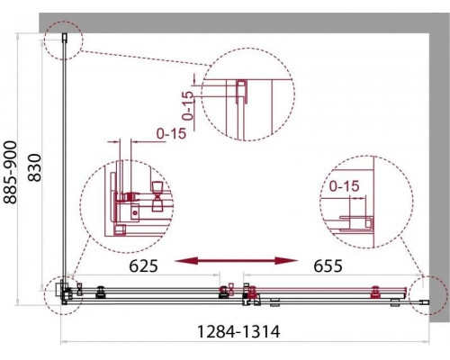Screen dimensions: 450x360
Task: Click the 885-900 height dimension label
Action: point(10,173)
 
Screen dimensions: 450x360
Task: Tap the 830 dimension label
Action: point(34,167)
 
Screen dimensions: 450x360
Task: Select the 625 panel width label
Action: point(143,265)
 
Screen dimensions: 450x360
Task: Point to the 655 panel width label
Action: point(328,265)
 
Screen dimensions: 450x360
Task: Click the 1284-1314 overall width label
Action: point(238,332)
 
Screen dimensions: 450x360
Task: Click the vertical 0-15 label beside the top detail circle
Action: point(188,105)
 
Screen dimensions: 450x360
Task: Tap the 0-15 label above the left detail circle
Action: point(171,133)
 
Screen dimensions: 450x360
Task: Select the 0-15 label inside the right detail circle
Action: point(344,186)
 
